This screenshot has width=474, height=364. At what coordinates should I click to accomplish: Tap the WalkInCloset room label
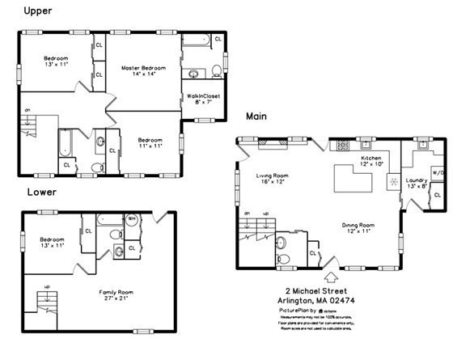pos(204,99)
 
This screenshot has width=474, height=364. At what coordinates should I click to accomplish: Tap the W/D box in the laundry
pos(438,172)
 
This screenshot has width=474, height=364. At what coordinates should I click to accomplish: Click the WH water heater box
pos(131,218)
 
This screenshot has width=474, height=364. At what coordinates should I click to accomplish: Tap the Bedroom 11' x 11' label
pos(150,142)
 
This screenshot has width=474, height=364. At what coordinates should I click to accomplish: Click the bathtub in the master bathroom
pos(197,39)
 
